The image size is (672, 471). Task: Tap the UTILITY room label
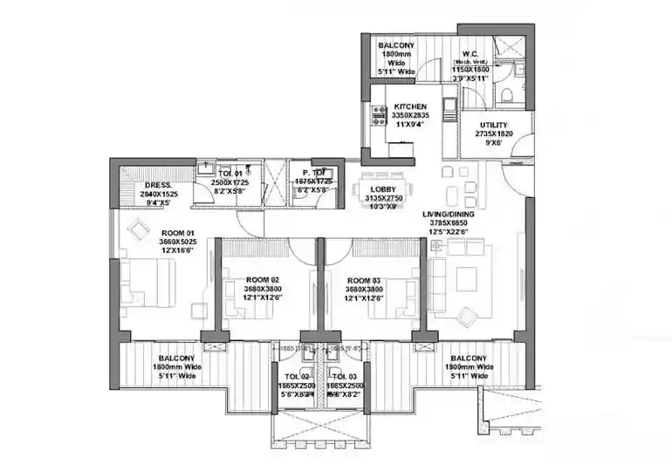pos(493,126)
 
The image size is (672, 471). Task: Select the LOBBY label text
pos(382,189)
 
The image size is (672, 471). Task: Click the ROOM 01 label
pos(176,233)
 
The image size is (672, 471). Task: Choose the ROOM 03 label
pos(364,281)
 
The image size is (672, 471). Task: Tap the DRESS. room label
pos(158,185)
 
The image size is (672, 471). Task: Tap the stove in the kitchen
pos(380,113)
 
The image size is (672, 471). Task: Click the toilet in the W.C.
pos(511,92)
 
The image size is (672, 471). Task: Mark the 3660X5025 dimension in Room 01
pos(176,242)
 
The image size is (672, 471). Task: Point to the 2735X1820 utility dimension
pos(493,135)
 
